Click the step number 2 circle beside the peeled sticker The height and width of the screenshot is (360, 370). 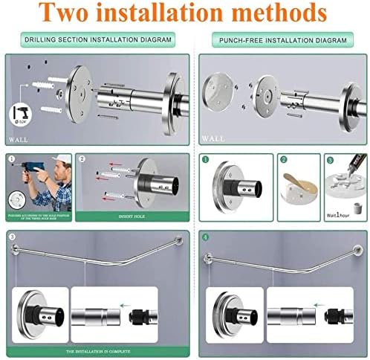[x=284, y=159]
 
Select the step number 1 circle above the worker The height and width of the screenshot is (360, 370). [x=11, y=159]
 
